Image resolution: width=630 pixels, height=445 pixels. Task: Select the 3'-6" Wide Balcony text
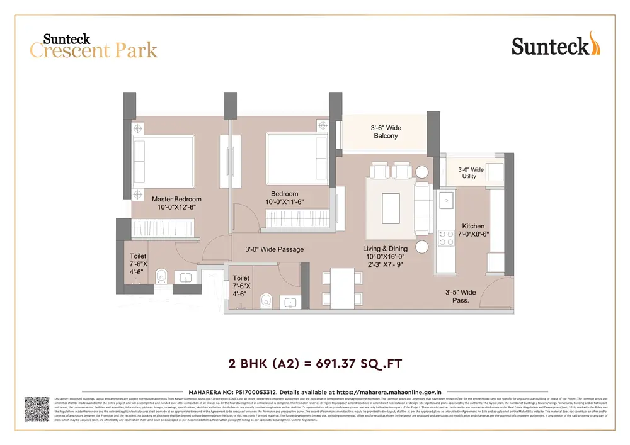(x=386, y=132)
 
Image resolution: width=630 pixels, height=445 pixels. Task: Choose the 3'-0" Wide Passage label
(x=274, y=249)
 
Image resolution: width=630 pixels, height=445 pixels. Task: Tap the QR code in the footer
(x=37, y=408)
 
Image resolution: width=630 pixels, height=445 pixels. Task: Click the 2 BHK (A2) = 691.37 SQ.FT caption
(x=314, y=363)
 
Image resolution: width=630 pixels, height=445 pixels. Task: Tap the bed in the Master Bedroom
(x=164, y=161)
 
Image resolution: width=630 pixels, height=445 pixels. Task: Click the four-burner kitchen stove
(x=446, y=237)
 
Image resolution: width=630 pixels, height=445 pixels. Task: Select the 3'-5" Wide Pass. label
(x=461, y=296)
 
